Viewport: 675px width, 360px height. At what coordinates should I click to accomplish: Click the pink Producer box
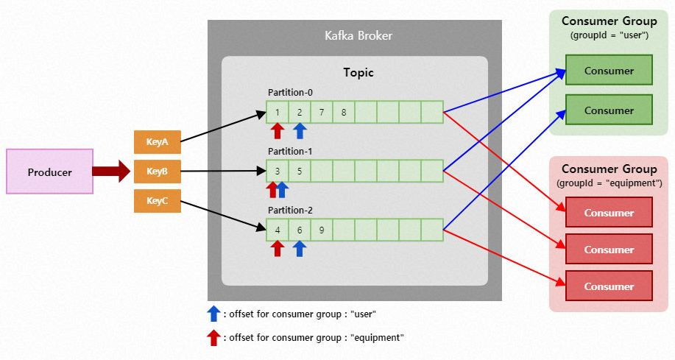(49, 172)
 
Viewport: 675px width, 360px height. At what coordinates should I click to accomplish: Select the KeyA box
(157, 142)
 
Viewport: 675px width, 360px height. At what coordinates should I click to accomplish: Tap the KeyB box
(157, 172)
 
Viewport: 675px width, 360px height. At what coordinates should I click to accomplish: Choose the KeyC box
(157, 201)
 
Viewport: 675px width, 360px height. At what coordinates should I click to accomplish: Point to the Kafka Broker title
(358, 35)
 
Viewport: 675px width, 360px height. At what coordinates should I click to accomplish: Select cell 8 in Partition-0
(344, 112)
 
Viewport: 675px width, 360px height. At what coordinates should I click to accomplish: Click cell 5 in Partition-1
(300, 171)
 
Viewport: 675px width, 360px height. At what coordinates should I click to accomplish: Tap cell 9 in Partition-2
(322, 230)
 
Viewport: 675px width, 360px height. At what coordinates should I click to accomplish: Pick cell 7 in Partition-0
(322, 112)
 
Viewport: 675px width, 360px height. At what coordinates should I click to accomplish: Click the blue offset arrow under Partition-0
(299, 131)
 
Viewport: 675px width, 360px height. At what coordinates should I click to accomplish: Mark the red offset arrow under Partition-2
(277, 249)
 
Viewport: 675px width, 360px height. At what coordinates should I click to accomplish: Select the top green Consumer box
(609, 71)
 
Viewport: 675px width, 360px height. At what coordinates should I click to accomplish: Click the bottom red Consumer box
(609, 286)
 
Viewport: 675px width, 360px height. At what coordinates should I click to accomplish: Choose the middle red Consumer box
(609, 250)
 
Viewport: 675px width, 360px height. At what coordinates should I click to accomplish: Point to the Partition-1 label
(290, 151)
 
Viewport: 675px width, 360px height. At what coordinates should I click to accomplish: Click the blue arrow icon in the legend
(213, 314)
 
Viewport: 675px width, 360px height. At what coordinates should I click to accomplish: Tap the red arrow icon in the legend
(213, 337)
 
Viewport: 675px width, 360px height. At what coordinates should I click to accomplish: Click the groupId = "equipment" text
(609, 183)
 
